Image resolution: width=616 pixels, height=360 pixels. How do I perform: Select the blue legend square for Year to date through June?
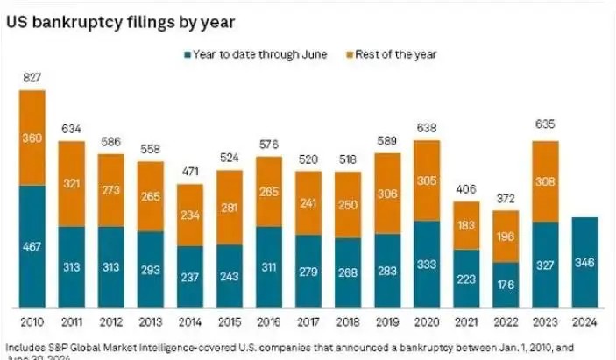coord(187,54)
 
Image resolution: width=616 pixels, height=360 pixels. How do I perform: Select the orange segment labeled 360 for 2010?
coord(32,138)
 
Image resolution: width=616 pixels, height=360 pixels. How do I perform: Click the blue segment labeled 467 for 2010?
coord(32,247)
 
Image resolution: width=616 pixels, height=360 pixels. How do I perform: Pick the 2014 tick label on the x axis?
coord(190,321)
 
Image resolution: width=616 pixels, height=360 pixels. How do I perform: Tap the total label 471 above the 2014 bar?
coord(190,173)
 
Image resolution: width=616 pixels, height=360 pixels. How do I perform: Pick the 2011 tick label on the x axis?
coord(72,321)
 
